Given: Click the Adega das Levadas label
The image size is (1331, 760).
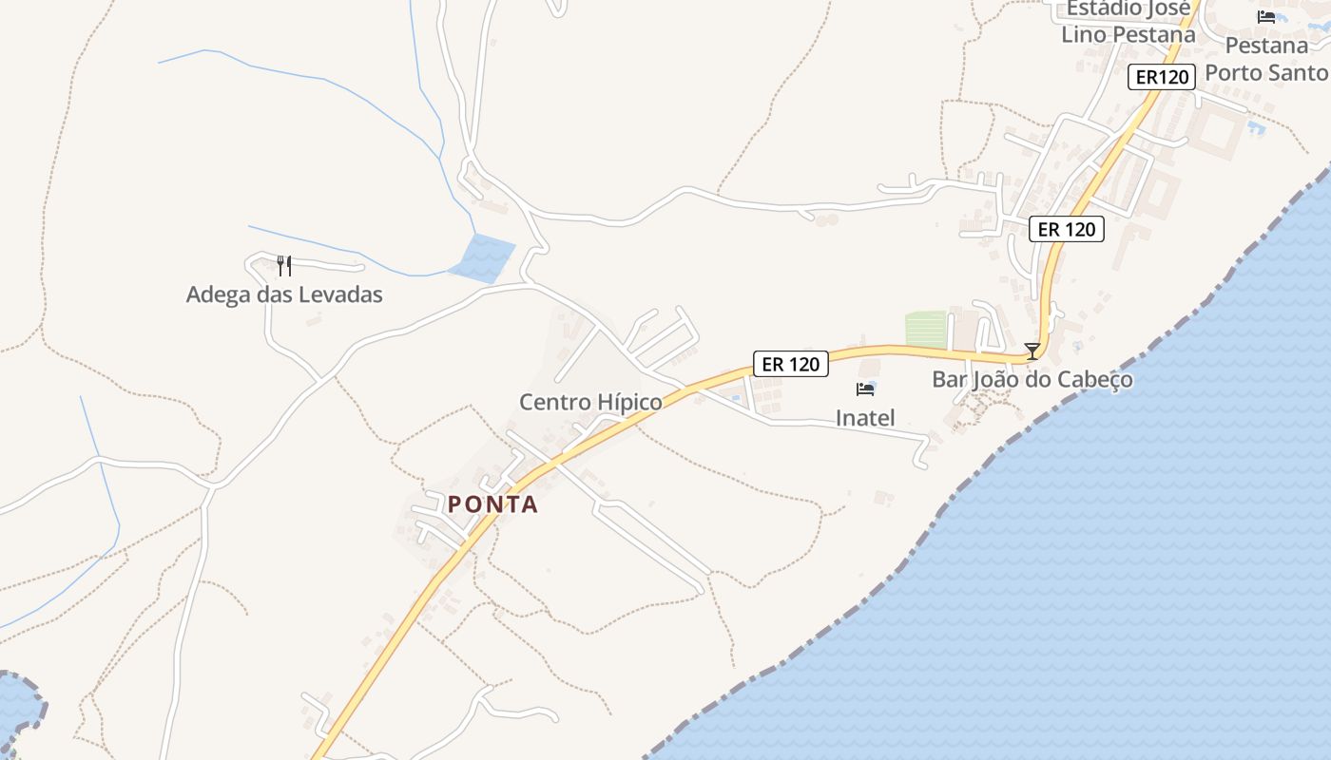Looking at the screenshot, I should pos(284,294).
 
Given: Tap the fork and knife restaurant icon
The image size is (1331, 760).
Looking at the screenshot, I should pos(283,265).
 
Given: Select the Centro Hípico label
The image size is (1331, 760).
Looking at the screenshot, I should pos(590,402).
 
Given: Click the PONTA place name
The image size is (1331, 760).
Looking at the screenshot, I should pos(492,504).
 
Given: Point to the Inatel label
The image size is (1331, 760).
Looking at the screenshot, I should pos(865,417).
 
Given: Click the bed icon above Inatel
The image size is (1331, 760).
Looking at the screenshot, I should pos(865,389).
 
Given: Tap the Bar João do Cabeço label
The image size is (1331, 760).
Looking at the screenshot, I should pos(1032,379).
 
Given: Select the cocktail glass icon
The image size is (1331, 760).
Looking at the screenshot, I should pos(1032,351).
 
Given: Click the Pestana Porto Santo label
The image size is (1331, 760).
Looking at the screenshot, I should pos(1266,59).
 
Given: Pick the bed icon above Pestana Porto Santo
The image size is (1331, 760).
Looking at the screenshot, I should pos(1266,17).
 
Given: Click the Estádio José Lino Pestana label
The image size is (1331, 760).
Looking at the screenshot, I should pos(1128,21).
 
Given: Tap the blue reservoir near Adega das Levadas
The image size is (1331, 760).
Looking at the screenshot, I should pos(482,258).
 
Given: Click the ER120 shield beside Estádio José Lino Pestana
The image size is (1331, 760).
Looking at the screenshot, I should pos(1162,77).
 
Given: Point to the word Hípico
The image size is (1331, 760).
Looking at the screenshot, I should pos(627,402).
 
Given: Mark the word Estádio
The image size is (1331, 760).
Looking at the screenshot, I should pos(1102,9).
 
